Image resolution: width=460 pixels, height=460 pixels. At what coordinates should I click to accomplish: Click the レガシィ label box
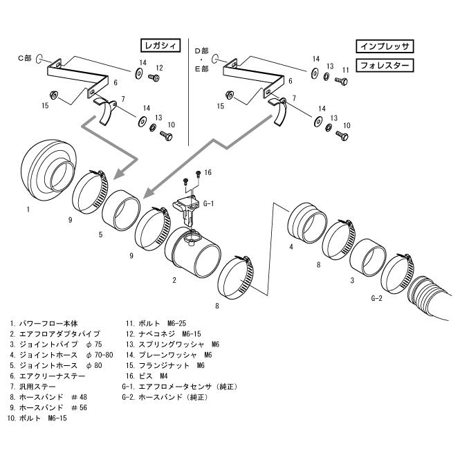[x=160, y=46]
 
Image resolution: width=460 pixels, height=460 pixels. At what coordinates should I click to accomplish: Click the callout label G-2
[x=377, y=299]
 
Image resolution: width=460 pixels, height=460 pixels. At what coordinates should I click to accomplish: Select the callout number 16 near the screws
[x=208, y=172]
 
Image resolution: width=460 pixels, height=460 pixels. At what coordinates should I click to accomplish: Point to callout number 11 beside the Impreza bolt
[x=344, y=70]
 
